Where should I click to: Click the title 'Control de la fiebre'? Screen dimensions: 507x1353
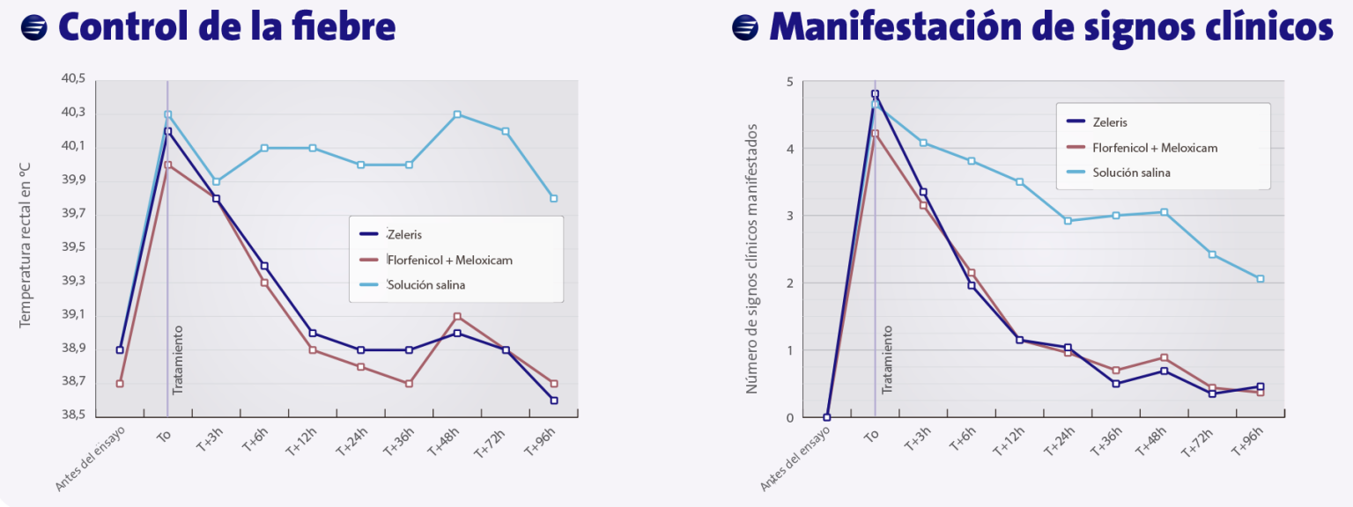226,27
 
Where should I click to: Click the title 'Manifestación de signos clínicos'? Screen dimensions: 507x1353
1051,27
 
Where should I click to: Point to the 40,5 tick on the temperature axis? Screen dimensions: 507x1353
73,79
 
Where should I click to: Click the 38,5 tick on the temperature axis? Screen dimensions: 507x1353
73,415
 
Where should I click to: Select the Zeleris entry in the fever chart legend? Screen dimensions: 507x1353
403,235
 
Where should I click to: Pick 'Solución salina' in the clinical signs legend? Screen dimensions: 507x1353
1131,173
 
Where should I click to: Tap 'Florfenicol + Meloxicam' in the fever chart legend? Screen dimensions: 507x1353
449,260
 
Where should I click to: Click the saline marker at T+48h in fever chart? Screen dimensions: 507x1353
457,114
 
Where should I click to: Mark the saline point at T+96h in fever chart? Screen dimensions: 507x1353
553,198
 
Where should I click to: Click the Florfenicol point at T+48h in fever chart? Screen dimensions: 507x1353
457,316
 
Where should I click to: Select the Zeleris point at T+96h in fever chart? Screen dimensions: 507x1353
553,400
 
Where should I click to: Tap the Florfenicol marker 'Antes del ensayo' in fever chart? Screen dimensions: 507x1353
120,384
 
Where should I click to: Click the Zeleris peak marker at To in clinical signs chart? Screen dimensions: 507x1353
875,94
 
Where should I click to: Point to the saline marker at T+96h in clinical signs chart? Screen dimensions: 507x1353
1260,279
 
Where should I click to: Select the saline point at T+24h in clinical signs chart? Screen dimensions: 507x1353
1068,221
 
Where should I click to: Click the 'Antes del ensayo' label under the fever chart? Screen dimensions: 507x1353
92,459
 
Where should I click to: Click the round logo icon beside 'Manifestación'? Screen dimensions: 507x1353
745,28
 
